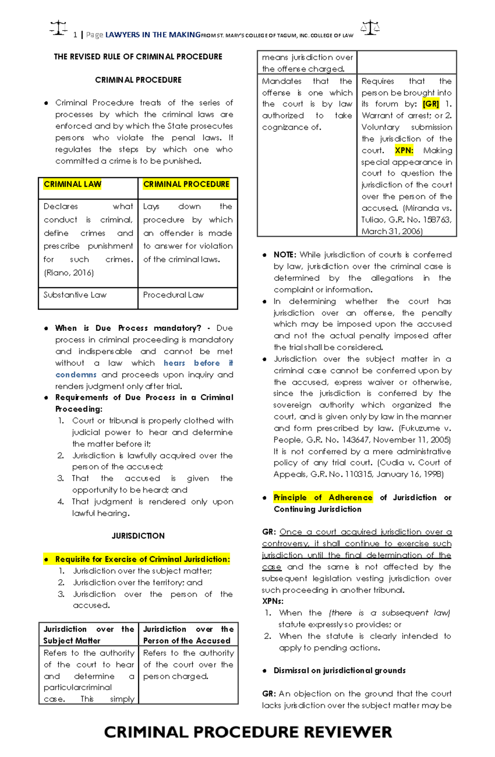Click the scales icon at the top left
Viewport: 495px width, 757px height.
click(59, 28)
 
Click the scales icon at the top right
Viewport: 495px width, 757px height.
click(370, 28)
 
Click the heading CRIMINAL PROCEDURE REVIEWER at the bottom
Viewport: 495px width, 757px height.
click(247, 732)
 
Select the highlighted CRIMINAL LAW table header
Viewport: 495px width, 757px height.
click(73, 184)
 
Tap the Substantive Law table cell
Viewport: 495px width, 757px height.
click(75, 295)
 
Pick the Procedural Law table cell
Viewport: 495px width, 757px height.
click(173, 295)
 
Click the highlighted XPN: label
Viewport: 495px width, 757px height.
click(404, 151)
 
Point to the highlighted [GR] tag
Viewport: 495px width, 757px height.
click(431, 104)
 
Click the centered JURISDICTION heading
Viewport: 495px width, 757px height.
click(138, 536)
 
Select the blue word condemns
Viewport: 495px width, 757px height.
click(76, 375)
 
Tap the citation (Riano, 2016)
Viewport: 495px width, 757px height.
click(69, 273)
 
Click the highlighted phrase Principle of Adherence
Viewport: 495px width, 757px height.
click(323, 498)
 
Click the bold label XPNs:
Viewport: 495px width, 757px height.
click(273, 601)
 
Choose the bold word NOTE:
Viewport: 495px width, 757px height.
click(285, 255)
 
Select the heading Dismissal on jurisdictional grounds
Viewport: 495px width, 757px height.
click(339, 670)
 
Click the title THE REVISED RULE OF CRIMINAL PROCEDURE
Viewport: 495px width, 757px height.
click(138, 57)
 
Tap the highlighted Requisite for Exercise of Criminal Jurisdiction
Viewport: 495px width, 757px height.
click(142, 559)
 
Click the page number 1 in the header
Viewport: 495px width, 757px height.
click(75, 35)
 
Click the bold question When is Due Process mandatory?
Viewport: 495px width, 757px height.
click(128, 328)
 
